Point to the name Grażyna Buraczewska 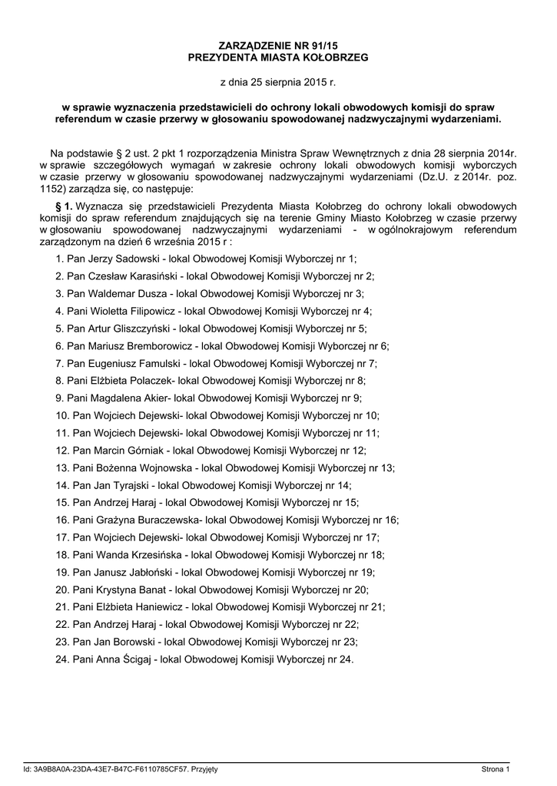tap(149, 519)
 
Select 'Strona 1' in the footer tap(496, 768)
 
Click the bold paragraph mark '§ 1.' tap(65, 206)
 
